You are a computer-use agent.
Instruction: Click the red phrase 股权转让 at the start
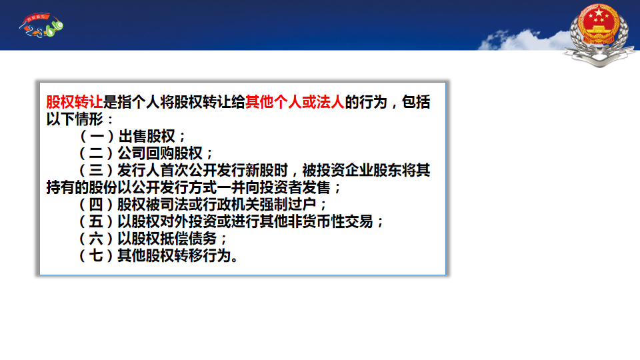click(x=74, y=102)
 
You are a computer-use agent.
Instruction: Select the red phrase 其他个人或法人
click(x=295, y=102)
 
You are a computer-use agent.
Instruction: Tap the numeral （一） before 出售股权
click(x=96, y=136)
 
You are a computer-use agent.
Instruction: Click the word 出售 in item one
click(x=132, y=136)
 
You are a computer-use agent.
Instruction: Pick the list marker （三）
click(x=96, y=171)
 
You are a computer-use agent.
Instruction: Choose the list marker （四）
click(x=96, y=205)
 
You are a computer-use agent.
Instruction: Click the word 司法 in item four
click(x=174, y=205)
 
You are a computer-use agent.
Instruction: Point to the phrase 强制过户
click(x=288, y=205)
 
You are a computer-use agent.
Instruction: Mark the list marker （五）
click(x=96, y=221)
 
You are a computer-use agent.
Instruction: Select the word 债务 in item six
click(x=203, y=239)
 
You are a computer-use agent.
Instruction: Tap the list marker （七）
click(x=96, y=256)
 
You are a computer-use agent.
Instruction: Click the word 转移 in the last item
click(x=189, y=256)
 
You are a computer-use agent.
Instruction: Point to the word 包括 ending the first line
click(x=416, y=102)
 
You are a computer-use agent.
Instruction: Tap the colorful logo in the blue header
click(x=41, y=25)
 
